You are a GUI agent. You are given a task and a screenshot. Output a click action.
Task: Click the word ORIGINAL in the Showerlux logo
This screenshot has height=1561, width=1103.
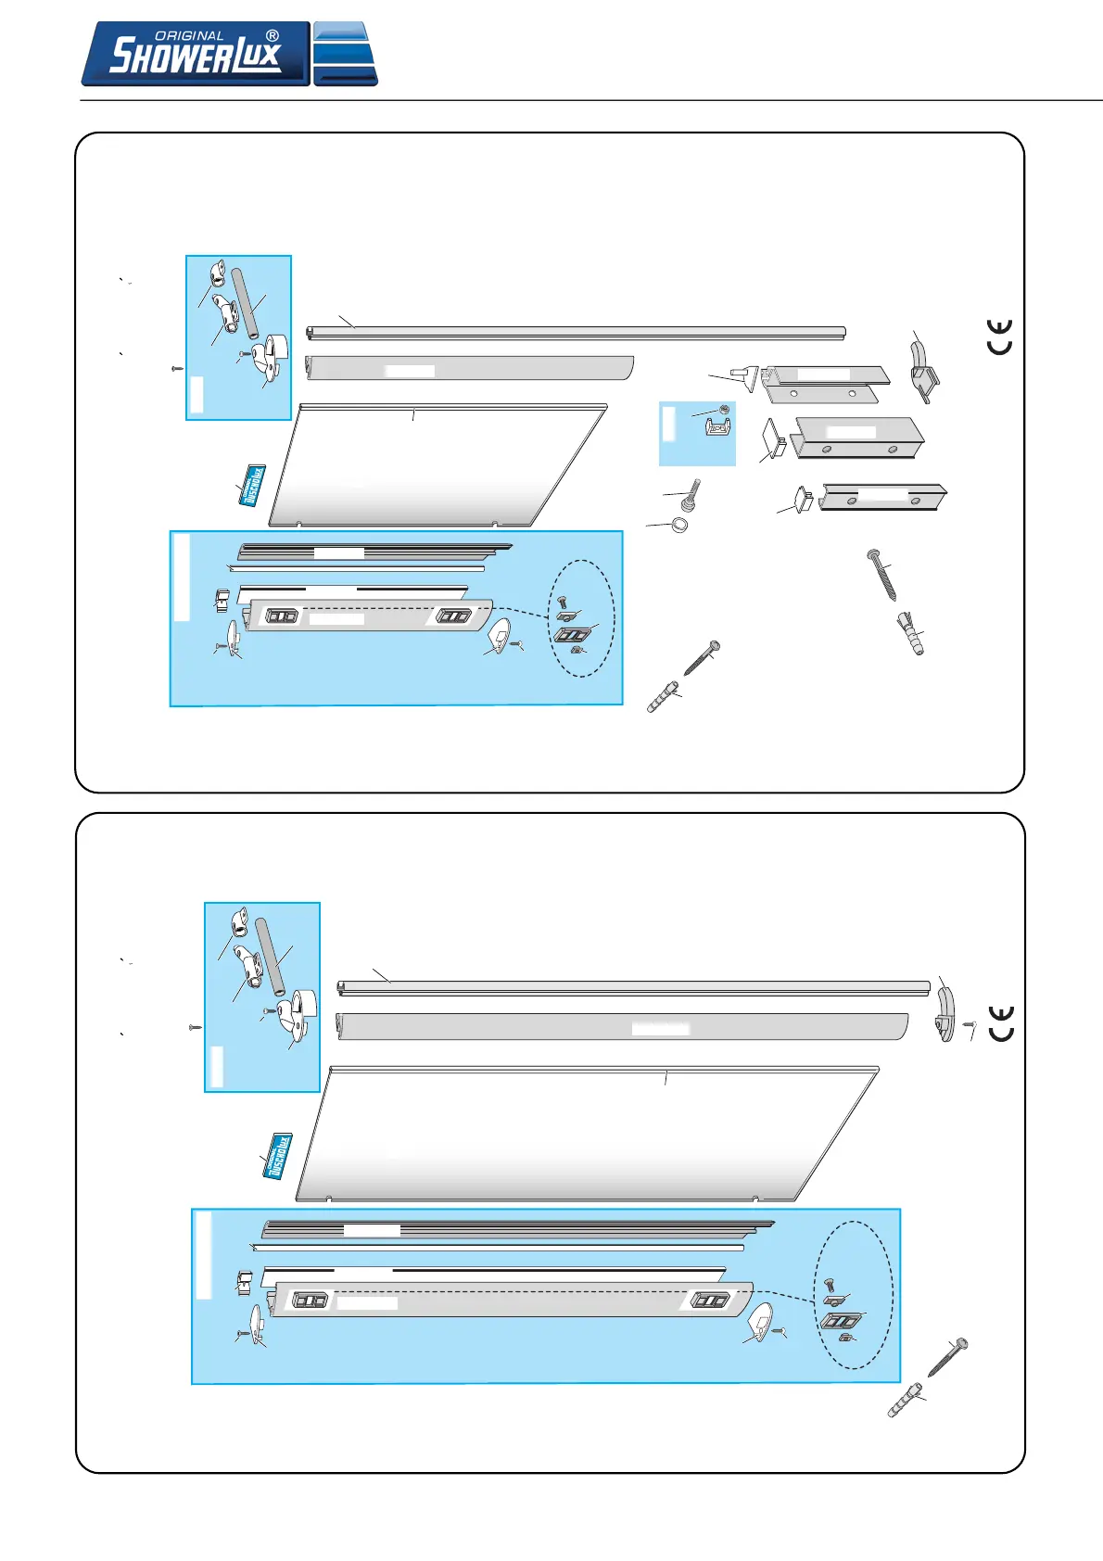[x=189, y=36]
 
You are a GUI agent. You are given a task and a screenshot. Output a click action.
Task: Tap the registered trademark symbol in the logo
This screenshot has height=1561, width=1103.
[x=273, y=36]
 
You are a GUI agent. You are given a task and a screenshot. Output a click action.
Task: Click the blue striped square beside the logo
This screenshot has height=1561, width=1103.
[x=345, y=55]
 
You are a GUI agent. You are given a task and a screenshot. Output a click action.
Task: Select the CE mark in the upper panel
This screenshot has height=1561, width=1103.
[x=999, y=336]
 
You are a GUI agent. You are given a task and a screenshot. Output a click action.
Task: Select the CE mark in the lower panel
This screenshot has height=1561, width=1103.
[x=1001, y=1023]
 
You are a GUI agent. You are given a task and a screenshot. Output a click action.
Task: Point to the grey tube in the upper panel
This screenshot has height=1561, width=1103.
[x=247, y=304]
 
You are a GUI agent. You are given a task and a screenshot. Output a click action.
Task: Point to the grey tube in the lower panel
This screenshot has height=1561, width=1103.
[x=271, y=956]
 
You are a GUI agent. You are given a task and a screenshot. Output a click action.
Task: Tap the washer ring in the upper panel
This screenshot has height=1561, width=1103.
[x=679, y=526]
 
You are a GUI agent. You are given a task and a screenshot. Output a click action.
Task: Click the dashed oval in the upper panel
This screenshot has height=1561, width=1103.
[x=581, y=618]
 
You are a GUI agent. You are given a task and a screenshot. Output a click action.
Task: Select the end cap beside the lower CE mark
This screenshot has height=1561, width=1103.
[x=945, y=1015]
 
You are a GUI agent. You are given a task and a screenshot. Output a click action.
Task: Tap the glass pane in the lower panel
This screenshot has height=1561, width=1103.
[x=584, y=1136]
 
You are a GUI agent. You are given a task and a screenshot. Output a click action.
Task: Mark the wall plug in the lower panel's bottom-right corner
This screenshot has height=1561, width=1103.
[x=904, y=1401]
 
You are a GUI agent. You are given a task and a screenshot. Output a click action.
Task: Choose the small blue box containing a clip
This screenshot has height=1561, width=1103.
[x=697, y=433]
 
